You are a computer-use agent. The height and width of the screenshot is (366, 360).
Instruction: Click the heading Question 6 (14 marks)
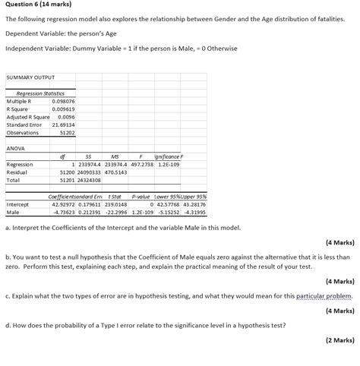pos(36,6)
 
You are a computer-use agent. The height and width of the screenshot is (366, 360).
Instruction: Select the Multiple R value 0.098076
pos(65,101)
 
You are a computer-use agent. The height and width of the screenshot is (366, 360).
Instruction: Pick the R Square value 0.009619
pos(65,109)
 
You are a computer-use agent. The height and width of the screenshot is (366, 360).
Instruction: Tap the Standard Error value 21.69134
pos(65,125)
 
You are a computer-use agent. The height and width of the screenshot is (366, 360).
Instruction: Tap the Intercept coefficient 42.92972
pos(64,204)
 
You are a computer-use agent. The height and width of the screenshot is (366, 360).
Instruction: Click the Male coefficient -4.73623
pos(64,212)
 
